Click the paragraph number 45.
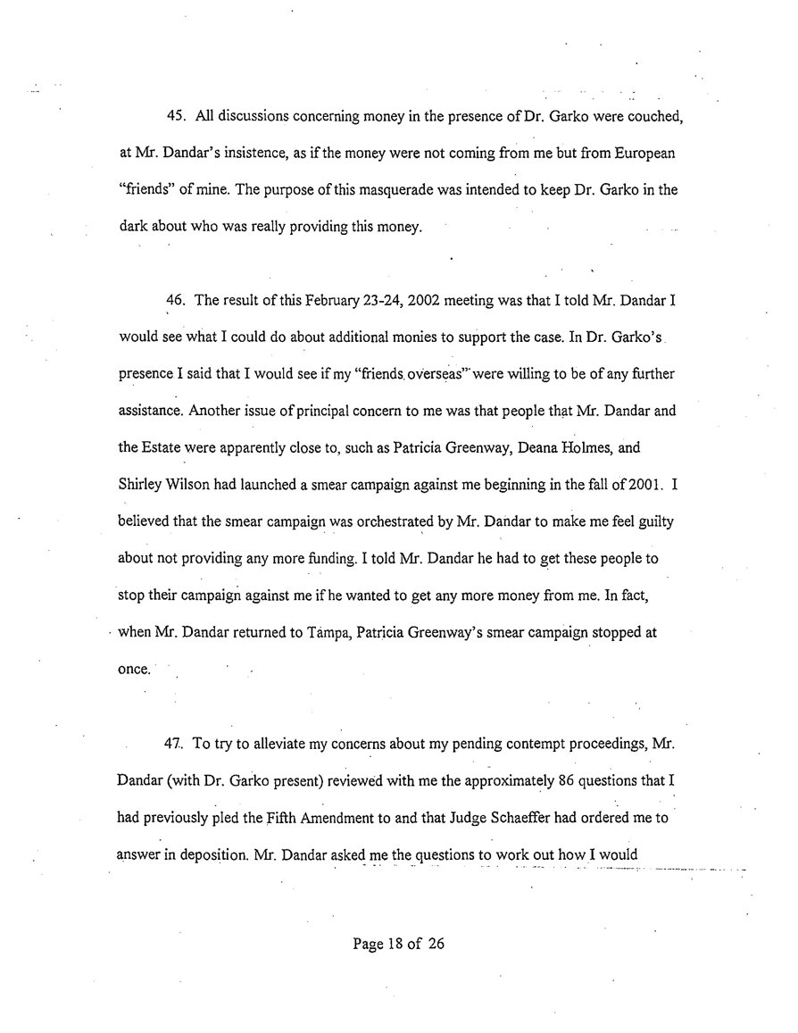pyautogui.click(x=175, y=118)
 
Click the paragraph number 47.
pyautogui.click(x=175, y=744)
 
